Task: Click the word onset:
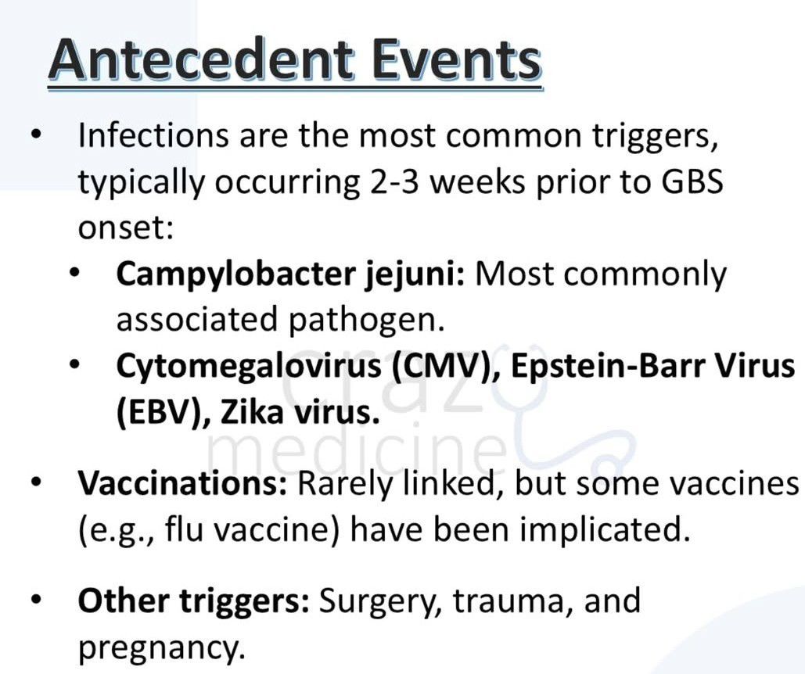(x=126, y=228)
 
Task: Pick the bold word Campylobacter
(x=235, y=275)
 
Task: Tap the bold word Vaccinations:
(x=182, y=483)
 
